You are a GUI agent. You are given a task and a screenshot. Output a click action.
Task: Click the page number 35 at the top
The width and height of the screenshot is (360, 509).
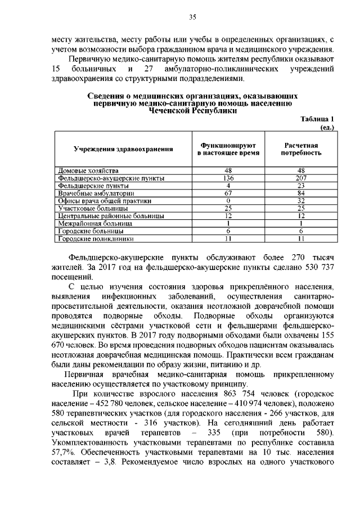pyautogui.click(x=191, y=18)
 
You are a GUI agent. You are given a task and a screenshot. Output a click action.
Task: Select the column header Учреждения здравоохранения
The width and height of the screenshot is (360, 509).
pyautogui.click(x=123, y=148)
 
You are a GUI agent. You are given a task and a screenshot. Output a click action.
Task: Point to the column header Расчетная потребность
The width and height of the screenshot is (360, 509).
pyautogui.click(x=301, y=148)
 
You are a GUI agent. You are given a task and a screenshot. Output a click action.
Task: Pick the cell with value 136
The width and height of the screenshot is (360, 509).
pyautogui.click(x=228, y=178)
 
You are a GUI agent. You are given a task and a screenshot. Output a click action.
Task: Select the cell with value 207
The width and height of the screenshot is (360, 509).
pyautogui.click(x=301, y=178)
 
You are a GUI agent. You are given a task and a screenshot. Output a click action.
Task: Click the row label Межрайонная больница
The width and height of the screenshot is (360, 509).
pyautogui.click(x=95, y=224)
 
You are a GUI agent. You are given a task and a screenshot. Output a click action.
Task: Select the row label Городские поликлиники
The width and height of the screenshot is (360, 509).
pyautogui.click(x=94, y=239)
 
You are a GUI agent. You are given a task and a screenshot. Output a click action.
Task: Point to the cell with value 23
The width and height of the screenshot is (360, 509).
pyautogui.click(x=301, y=185)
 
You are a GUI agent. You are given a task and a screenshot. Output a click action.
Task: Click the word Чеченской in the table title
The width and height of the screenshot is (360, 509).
pyautogui.click(x=167, y=111)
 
